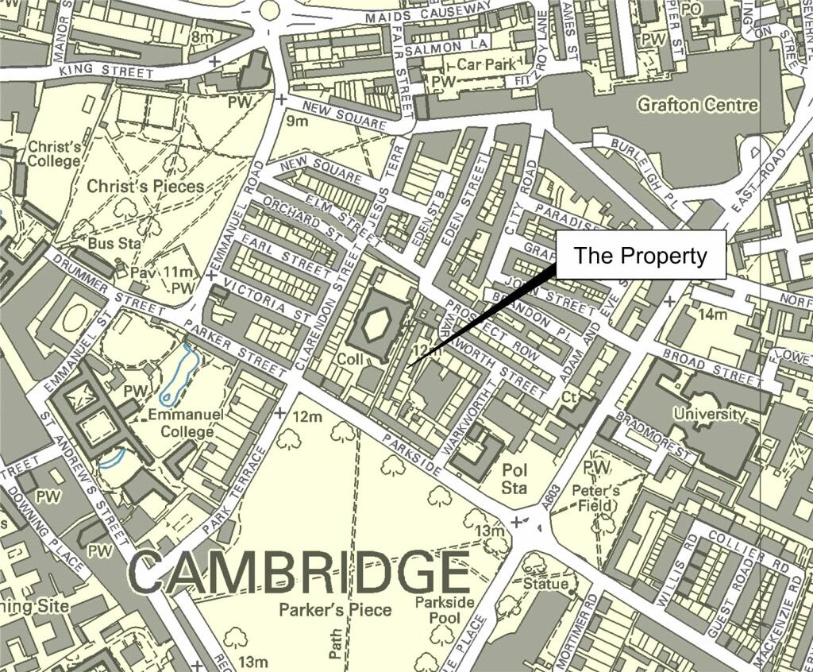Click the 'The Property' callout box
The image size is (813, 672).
(x=640, y=255)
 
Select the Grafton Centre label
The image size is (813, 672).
(x=698, y=105)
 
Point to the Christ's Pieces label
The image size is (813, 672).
(x=145, y=187)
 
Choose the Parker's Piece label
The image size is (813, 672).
(x=335, y=610)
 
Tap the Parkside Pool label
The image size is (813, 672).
(x=445, y=610)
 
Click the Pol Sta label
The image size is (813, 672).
(x=514, y=479)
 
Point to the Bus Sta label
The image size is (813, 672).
(x=114, y=243)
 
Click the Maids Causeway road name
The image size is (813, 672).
(x=428, y=16)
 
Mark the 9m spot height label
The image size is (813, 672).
(x=296, y=121)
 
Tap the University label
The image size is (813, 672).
(x=709, y=414)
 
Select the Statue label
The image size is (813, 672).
(x=545, y=584)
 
